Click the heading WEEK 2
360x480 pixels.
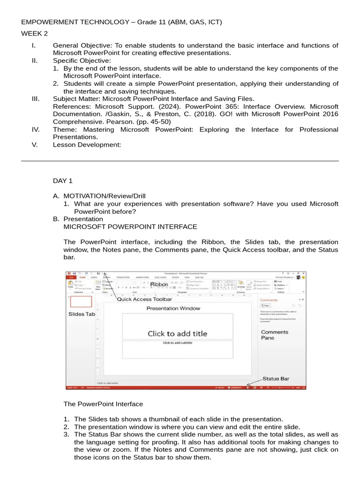click(34, 34)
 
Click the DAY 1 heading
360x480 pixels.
click(63, 180)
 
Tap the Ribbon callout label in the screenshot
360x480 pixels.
click(159, 285)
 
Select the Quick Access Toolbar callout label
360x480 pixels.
click(144, 299)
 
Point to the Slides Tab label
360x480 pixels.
click(82, 314)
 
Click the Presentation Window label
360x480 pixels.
click(173, 308)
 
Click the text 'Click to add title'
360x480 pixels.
click(177, 334)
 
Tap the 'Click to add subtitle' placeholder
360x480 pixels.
click(177, 343)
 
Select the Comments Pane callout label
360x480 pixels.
click(274, 335)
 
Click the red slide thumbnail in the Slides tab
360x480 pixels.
click(81, 301)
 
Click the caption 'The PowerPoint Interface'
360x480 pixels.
click(103, 404)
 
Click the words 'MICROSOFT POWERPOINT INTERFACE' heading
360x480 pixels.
click(130, 227)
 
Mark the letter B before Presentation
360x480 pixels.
click(56, 219)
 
